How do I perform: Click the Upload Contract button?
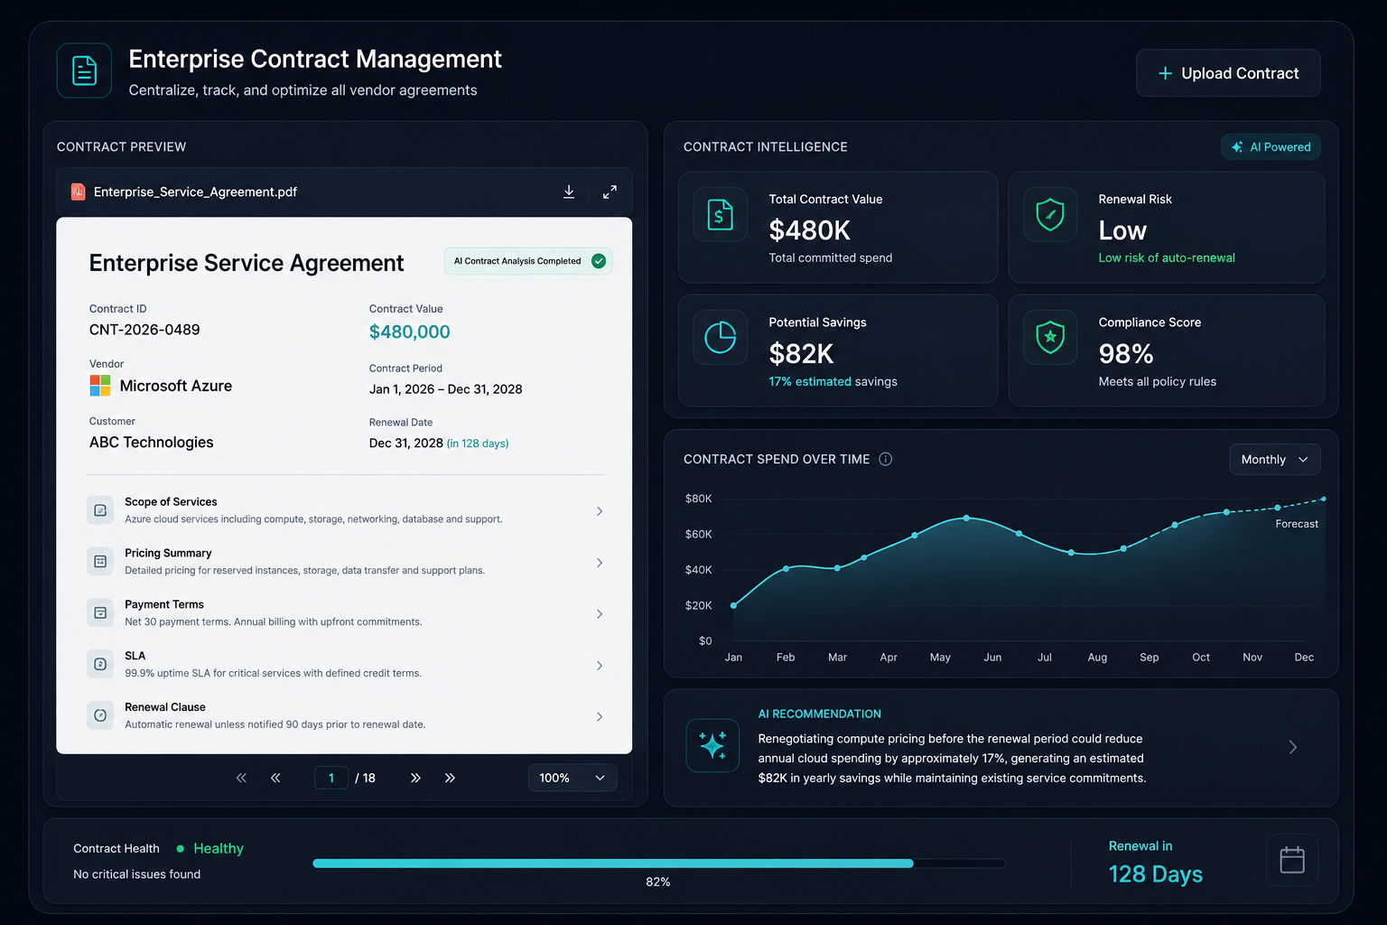coord(1228,73)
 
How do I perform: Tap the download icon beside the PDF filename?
coord(568,192)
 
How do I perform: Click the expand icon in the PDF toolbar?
coord(610,192)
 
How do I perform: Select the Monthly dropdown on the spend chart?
coord(1274,459)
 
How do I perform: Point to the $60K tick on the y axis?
coord(698,534)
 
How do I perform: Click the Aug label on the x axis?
coord(1097,657)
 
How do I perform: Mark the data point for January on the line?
coord(734,605)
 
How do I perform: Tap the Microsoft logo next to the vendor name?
coord(99,386)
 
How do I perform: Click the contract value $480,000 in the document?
coord(409,332)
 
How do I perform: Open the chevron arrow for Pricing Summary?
coord(600,563)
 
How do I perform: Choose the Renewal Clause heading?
coord(164,707)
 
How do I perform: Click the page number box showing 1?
coord(331,778)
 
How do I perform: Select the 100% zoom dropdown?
coord(572,778)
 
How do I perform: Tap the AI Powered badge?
coord(1271,147)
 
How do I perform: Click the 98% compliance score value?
coord(1126,354)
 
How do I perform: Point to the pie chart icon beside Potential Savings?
coord(720,338)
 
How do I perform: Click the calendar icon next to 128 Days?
coord(1291,860)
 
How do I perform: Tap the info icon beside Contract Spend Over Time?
coord(886,459)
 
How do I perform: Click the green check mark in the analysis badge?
coord(598,261)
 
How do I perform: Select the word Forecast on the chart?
coord(1297,524)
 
